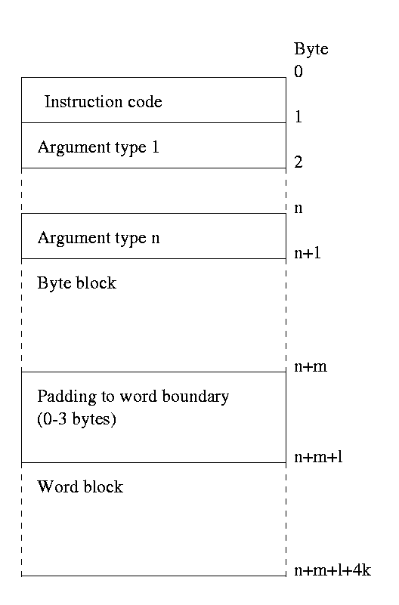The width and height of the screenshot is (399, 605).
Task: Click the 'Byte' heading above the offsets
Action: [311, 49]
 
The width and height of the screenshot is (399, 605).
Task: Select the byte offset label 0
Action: [298, 72]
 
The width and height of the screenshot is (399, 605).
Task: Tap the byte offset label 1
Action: [298, 116]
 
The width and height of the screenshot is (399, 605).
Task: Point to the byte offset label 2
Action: [298, 162]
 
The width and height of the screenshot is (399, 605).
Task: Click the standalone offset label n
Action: [298, 208]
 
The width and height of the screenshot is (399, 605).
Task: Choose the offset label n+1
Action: [308, 253]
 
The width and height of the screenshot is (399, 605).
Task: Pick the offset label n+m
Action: [311, 366]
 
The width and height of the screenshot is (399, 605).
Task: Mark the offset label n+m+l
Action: [318, 457]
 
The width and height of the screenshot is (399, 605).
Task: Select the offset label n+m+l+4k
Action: [332, 570]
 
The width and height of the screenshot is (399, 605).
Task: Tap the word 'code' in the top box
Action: [145, 102]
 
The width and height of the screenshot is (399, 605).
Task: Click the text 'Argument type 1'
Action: [98, 148]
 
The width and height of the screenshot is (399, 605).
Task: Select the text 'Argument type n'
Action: [98, 239]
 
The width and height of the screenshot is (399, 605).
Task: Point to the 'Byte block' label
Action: [77, 283]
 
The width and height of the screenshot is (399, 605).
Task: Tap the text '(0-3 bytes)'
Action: [77, 419]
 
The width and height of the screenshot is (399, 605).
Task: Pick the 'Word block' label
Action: [80, 487]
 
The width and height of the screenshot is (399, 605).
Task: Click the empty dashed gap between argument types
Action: [154, 190]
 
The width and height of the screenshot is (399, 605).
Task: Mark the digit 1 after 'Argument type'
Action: [156, 147]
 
